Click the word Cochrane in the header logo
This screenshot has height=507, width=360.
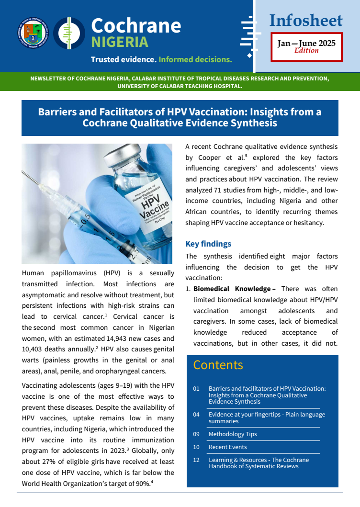[x=136, y=25]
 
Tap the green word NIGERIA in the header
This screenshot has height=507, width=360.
[x=120, y=42]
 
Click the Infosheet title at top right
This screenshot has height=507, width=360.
[x=306, y=21]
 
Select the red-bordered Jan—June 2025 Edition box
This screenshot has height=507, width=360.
[x=306, y=46]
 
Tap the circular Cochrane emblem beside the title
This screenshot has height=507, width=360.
[x=69, y=33]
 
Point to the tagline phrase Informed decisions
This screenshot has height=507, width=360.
[x=195, y=60]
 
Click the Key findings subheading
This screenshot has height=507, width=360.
[x=208, y=244]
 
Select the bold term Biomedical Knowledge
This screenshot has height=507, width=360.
[x=232, y=289]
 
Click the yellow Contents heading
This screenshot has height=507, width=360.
[x=218, y=365]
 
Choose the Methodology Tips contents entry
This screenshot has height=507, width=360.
[x=233, y=434]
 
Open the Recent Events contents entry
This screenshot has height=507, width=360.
[x=228, y=447]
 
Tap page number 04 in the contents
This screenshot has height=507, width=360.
[x=196, y=415]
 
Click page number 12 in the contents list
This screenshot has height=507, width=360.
[x=196, y=460]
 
